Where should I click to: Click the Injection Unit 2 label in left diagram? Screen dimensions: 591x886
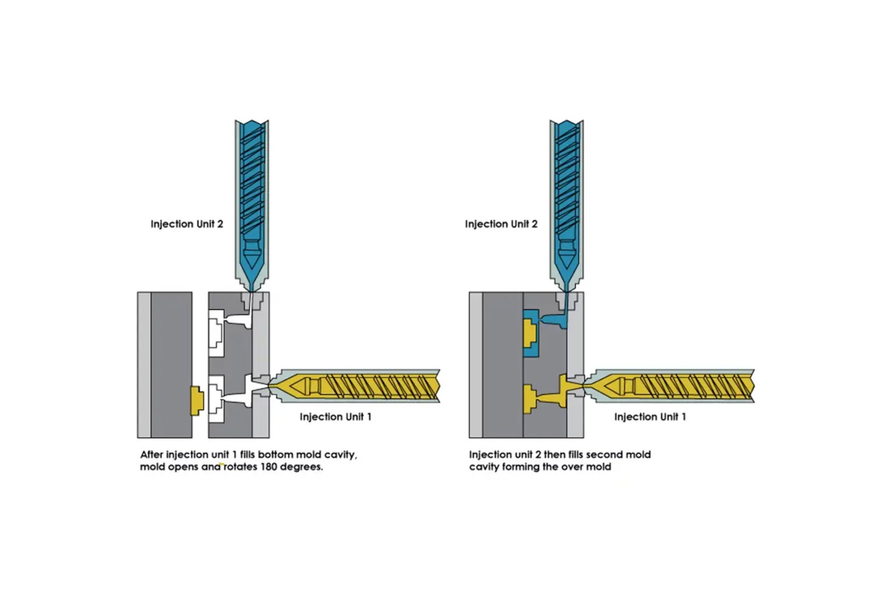click(186, 224)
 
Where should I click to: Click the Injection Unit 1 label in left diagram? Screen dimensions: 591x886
click(335, 417)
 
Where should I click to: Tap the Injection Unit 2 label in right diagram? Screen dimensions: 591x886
click(501, 224)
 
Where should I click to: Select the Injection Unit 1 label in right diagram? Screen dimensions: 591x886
click(650, 417)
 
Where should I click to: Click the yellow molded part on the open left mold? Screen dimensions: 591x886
click(197, 400)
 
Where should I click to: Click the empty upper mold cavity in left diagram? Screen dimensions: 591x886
click(216, 333)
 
